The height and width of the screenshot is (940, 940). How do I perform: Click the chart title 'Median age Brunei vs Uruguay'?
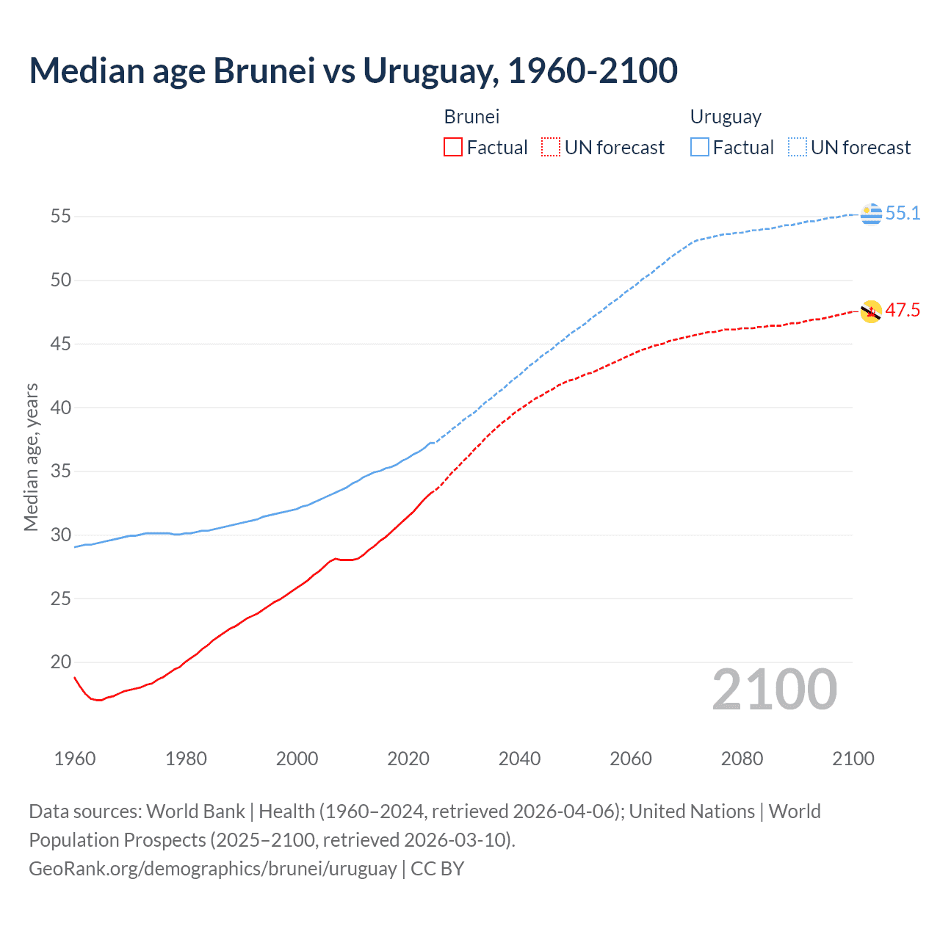(352, 70)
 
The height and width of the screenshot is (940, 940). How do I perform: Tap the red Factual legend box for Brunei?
(453, 148)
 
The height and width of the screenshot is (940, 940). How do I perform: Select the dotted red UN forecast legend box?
(551, 148)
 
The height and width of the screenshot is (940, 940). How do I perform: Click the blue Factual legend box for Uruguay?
(700, 148)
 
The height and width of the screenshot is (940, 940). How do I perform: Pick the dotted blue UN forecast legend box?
(798, 148)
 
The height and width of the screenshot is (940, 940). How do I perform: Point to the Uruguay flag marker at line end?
(871, 214)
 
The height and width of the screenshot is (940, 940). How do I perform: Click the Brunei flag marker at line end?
(871, 311)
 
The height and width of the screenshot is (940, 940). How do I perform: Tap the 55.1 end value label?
(903, 213)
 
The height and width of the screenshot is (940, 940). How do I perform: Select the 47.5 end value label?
(902, 311)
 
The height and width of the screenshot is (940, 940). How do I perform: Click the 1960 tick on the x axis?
(75, 759)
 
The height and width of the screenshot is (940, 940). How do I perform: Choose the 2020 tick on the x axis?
(408, 759)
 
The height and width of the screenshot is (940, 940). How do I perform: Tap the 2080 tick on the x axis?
(742, 759)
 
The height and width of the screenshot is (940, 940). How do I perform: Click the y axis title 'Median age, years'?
(31, 457)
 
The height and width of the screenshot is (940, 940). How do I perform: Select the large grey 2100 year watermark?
(774, 689)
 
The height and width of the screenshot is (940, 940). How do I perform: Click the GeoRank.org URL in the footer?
(213, 869)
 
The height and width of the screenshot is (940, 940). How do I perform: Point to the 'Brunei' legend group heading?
(471, 117)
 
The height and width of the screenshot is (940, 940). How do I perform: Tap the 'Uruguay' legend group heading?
(726, 117)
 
